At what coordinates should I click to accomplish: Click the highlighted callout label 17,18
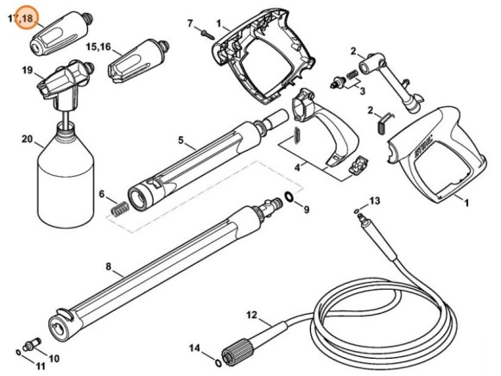(x=26, y=16)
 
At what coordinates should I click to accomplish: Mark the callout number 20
(x=26, y=139)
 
